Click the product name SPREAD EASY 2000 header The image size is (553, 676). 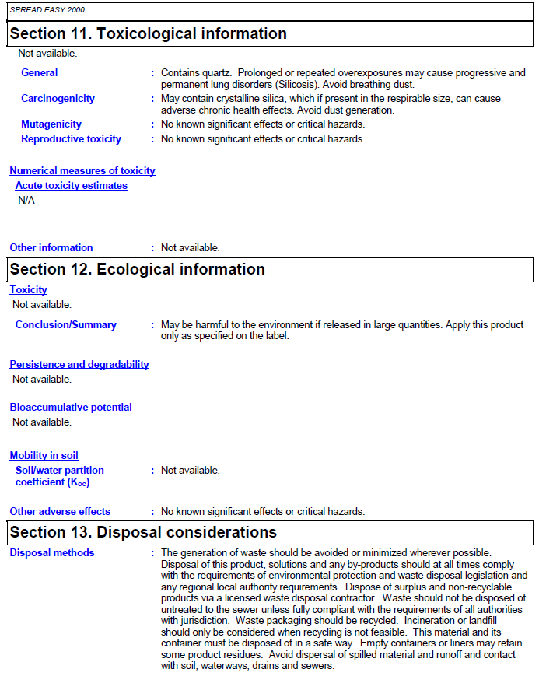(x=47, y=10)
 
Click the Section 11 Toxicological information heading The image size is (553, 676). (x=148, y=33)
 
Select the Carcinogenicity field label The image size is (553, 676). (x=58, y=99)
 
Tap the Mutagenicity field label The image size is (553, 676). (x=51, y=124)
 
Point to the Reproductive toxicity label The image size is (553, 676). (x=71, y=139)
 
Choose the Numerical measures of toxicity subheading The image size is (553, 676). (x=82, y=171)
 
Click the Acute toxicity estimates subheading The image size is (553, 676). (x=72, y=186)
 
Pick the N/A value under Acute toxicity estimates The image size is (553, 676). (x=26, y=201)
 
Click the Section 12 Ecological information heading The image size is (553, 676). (x=137, y=269)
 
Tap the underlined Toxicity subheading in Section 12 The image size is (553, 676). (x=29, y=290)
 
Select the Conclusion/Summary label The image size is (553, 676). (x=66, y=325)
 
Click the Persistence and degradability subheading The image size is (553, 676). (x=79, y=365)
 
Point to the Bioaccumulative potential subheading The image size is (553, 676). (x=71, y=408)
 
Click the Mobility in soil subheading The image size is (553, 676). (x=44, y=456)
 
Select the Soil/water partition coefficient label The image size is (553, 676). (x=59, y=476)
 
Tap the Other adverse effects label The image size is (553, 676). (x=60, y=512)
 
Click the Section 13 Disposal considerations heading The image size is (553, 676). (x=143, y=532)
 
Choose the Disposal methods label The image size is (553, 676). (x=52, y=553)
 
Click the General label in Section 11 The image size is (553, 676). (x=40, y=73)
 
